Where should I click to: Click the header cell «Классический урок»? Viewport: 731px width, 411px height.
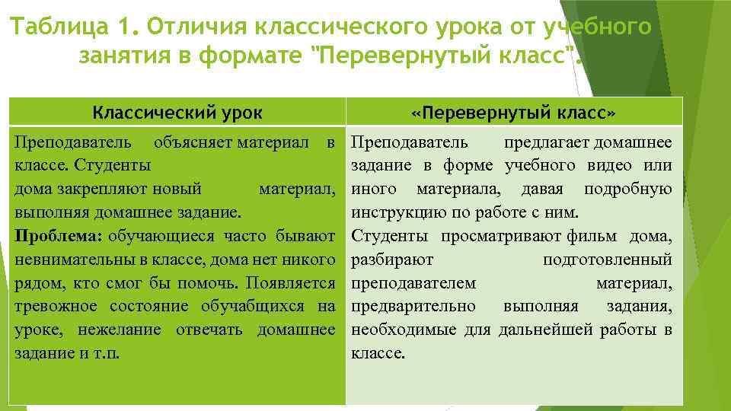pos(177,113)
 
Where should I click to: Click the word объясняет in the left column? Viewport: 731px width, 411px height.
pos(193,142)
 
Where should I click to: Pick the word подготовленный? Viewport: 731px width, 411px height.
pos(607,260)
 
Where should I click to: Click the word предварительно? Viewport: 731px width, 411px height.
pos(413,306)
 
